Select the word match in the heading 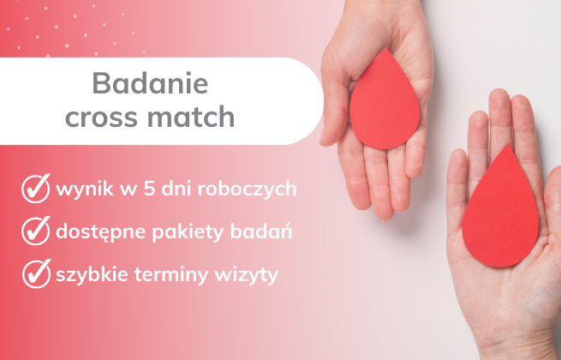pyautogui.click(x=196, y=117)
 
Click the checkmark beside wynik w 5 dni pyautogui.click(x=34, y=188)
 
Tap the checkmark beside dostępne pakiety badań pyautogui.click(x=34, y=231)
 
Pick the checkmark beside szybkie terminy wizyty pyautogui.click(x=34, y=274)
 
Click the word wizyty pyautogui.click(x=242, y=275)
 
